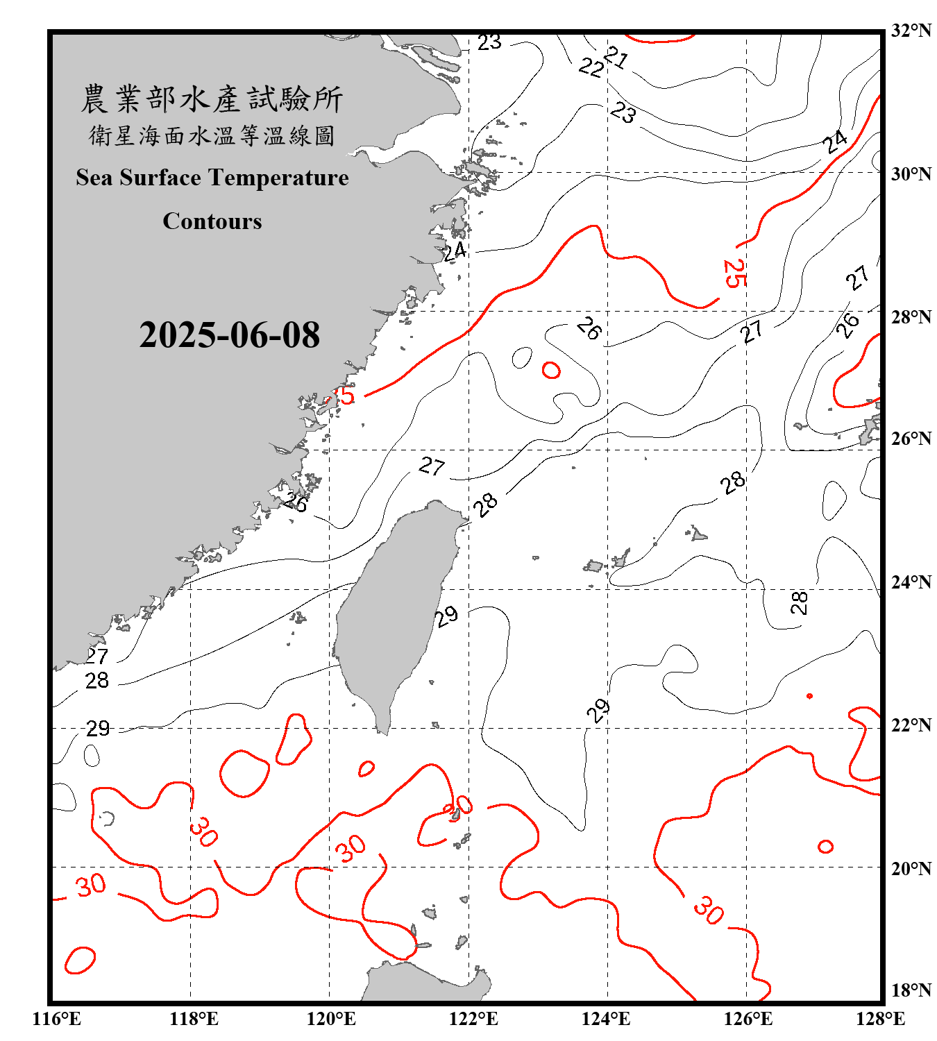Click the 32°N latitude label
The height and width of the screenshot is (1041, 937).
(911, 31)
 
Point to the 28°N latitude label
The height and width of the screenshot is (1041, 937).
(911, 317)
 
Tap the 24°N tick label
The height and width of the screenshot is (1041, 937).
(911, 582)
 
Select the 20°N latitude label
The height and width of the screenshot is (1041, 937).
(911, 868)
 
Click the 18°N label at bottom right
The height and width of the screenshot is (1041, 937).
(911, 990)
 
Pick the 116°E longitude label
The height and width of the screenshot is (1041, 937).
(57, 1019)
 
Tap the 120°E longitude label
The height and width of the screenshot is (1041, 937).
(331, 1019)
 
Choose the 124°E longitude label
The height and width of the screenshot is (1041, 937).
(606, 1019)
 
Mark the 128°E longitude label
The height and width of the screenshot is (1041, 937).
(880, 1019)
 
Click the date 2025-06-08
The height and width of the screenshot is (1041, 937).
(229, 335)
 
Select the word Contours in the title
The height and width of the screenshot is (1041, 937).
(212, 221)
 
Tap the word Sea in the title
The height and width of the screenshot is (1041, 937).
(94, 178)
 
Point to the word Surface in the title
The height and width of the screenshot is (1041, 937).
(160, 178)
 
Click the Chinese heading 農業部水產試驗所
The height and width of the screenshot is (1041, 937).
(212, 99)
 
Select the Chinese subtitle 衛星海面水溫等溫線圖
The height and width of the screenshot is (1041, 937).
(212, 135)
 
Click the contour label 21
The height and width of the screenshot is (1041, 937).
(616, 57)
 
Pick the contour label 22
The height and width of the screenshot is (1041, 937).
(591, 67)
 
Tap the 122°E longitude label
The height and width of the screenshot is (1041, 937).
(473, 1019)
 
